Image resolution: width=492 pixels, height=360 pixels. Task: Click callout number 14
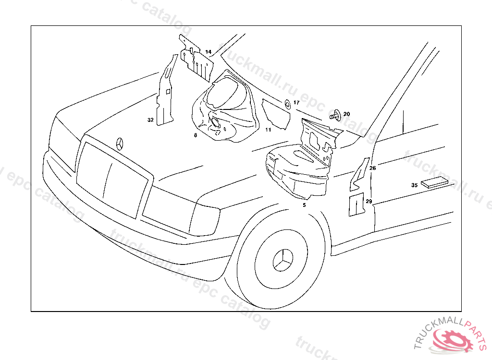[x=208, y=52]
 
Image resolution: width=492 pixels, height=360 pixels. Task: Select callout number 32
[x=150, y=120]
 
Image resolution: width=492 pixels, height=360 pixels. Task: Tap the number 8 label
[x=196, y=135]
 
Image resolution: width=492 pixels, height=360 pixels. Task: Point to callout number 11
[x=268, y=130]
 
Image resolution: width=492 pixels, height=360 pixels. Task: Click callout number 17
[x=296, y=103]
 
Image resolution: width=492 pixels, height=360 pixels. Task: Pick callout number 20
[x=346, y=114]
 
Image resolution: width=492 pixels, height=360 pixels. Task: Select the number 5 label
[x=304, y=204]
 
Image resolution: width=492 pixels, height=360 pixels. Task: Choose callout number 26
[x=372, y=168]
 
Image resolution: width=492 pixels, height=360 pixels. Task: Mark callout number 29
[x=369, y=201]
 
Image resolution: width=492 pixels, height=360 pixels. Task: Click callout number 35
[x=414, y=185]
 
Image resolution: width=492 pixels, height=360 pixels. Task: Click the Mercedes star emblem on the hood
[x=120, y=144]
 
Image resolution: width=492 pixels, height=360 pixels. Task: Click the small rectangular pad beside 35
[x=434, y=182]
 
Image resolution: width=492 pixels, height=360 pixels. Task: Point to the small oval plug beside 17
[x=287, y=104]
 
